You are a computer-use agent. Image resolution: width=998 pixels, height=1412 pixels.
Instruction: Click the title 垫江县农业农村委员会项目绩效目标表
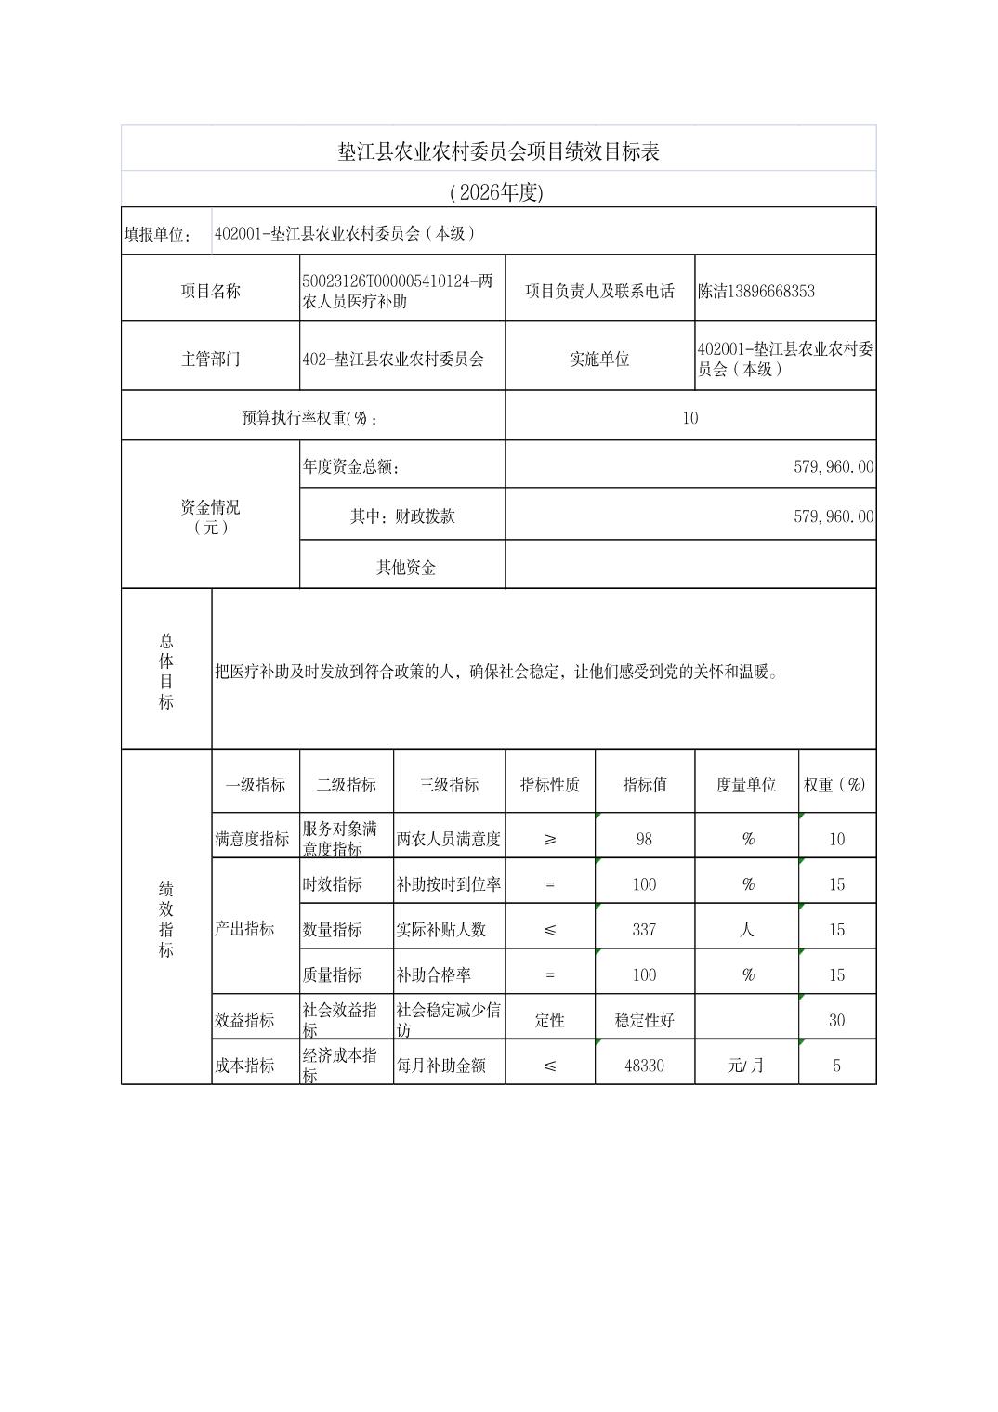498,151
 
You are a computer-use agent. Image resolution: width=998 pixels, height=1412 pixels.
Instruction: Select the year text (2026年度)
496,192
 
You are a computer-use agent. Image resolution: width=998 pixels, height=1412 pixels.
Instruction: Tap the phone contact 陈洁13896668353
756,291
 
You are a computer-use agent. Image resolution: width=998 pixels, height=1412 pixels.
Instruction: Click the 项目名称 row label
210,291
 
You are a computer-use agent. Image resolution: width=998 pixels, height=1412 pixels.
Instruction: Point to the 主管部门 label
210,359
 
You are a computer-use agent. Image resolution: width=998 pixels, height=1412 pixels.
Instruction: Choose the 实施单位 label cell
599,359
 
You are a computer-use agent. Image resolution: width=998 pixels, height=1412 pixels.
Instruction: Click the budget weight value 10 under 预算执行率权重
689,418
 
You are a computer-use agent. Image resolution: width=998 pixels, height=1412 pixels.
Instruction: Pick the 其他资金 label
406,567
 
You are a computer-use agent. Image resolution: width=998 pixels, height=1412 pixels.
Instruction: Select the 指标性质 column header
550,784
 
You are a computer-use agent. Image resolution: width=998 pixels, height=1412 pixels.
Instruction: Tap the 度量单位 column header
746,784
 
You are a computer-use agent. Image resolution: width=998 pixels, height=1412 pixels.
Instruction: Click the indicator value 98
644,839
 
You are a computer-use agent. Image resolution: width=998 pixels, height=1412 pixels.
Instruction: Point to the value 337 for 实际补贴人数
644,929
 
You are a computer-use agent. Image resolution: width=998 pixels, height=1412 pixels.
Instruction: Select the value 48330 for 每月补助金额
644,1066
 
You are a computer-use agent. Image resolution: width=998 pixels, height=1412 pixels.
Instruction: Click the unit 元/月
746,1066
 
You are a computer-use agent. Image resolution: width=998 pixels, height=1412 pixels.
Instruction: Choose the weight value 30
836,1020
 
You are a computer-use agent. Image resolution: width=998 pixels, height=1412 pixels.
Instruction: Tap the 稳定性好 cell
644,1020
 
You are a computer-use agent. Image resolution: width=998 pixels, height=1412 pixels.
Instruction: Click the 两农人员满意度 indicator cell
449,839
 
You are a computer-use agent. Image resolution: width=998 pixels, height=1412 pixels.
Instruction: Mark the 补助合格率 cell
434,974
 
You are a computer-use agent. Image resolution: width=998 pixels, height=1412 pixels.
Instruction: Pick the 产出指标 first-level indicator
244,929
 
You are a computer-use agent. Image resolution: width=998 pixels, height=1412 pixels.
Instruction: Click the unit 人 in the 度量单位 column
746,929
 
